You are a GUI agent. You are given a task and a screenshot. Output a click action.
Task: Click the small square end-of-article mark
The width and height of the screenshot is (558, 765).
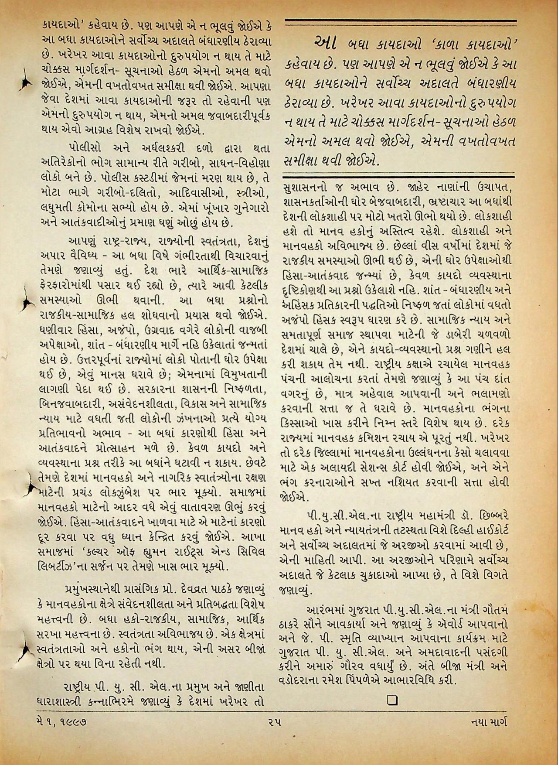(x=391, y=700)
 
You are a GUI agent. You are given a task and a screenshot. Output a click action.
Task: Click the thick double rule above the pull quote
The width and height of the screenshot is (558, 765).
(x=400, y=23)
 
